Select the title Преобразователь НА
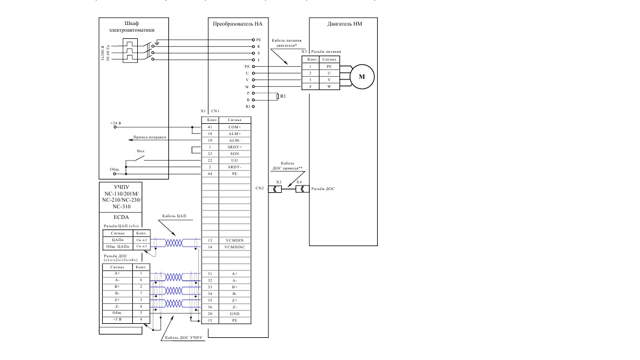coord(237,24)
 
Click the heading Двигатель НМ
coord(344,24)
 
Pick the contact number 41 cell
coord(210,127)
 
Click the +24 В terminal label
coord(116,122)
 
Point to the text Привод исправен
coord(150,137)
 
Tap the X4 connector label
coord(299,182)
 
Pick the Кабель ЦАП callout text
coord(174,216)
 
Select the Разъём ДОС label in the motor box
coord(323,189)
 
